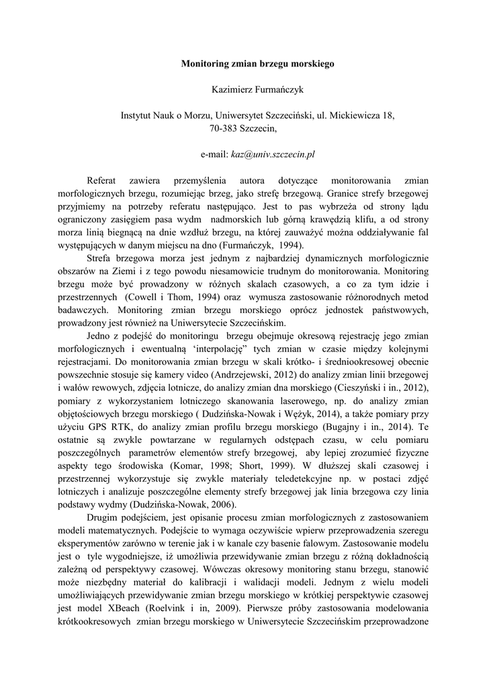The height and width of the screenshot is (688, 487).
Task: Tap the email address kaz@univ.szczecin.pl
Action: [273, 154]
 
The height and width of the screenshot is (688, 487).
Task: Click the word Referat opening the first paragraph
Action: [101, 181]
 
